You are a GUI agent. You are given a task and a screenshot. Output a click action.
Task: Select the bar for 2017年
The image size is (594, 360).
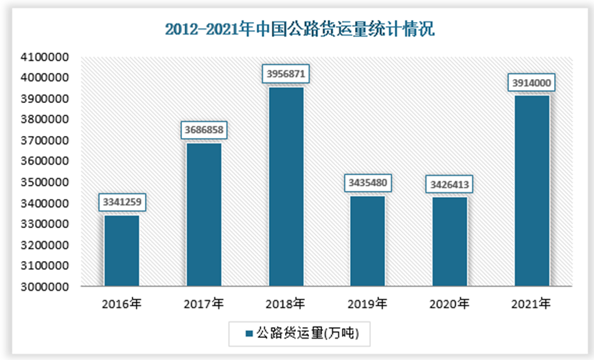coord(204,214)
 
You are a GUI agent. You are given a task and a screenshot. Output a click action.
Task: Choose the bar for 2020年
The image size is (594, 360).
coord(450,241)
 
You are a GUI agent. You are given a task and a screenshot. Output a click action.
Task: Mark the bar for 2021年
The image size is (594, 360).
coord(532,190)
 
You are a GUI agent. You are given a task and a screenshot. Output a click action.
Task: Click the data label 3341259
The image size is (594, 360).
coord(122,203)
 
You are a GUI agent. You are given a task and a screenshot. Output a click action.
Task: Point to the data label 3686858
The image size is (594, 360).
coord(204,129)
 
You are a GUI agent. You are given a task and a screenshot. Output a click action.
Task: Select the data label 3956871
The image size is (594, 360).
coord(286,73)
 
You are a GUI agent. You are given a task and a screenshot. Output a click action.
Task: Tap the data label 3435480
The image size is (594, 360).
coord(368,183)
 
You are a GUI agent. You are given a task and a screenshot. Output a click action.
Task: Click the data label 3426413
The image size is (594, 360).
coord(450,184)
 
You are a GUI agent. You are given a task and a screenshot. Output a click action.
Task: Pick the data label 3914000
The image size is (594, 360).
coord(532,82)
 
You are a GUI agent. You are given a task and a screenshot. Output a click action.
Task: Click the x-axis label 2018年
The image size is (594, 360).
coord(286,303)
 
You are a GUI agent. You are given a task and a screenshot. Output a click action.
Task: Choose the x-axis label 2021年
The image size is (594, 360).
coord(532,303)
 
